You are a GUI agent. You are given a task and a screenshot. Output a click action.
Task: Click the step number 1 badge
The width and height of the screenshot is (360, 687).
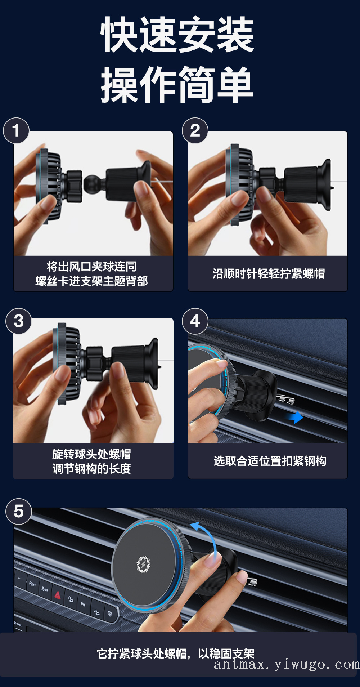(16, 130)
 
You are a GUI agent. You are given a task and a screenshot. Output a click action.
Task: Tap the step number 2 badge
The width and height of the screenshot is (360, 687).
(195, 130)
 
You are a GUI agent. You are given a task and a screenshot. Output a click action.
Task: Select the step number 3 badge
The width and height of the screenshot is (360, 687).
(19, 321)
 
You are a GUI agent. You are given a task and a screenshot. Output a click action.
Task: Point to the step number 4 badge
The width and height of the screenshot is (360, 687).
(195, 321)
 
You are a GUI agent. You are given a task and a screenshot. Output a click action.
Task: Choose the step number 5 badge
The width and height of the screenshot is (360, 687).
(19, 511)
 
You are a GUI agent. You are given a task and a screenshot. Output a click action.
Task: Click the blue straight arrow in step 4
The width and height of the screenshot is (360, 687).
(295, 417)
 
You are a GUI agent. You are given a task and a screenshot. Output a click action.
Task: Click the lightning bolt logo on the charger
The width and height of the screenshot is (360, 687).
(143, 564)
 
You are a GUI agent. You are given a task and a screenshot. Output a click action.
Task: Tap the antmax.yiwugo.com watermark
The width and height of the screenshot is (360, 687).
(287, 664)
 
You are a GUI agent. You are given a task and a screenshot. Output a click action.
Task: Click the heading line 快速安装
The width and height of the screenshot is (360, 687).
(177, 34)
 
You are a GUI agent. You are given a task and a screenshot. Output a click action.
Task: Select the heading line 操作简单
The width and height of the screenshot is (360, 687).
(177, 85)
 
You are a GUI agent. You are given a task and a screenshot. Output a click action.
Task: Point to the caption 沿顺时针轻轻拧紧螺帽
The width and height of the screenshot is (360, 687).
(269, 274)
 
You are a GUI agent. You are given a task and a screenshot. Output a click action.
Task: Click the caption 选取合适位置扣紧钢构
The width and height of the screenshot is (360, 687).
(270, 461)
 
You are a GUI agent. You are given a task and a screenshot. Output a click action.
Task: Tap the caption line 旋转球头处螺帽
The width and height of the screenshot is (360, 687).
(91, 454)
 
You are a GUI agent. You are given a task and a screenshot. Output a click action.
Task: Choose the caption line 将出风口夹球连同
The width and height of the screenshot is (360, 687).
(92, 267)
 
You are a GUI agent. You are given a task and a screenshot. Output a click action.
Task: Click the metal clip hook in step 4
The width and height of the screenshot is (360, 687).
(285, 399)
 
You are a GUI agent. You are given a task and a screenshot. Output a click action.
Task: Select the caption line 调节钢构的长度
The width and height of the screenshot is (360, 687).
(91, 468)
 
